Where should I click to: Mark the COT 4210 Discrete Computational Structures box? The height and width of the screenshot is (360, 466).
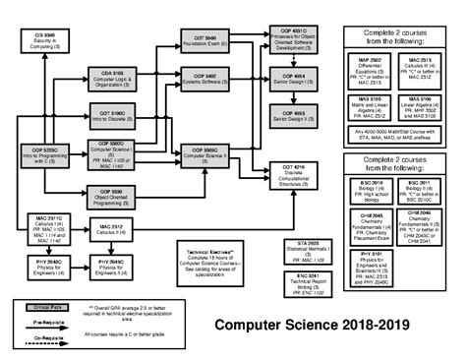286,175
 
